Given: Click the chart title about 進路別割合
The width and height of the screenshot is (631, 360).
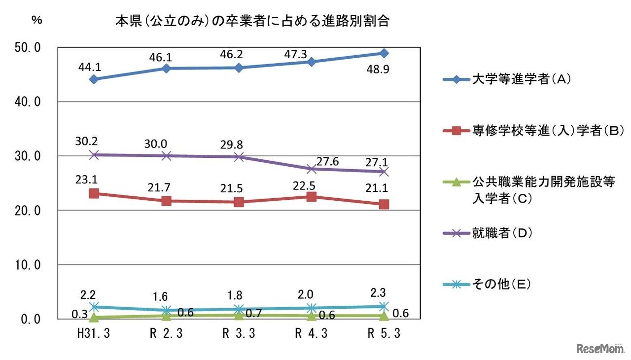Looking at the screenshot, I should click(251, 22).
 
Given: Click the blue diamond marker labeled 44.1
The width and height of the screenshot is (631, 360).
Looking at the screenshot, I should click(94, 79).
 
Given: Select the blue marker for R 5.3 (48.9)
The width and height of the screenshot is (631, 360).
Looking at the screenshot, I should click(384, 53).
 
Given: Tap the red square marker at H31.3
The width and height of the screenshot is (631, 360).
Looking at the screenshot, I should click(94, 193).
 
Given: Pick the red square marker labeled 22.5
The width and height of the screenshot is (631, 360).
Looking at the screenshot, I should click(311, 197).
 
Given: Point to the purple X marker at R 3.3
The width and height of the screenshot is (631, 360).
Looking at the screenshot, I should click(239, 157).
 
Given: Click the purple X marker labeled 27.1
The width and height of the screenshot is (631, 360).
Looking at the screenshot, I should click(384, 172).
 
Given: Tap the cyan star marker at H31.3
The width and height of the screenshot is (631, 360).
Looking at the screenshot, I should click(94, 307).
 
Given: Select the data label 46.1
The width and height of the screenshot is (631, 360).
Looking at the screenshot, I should click(166, 57).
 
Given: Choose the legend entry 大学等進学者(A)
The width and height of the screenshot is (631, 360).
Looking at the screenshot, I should click(518, 79).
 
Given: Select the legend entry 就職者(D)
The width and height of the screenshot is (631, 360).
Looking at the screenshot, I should click(500, 233).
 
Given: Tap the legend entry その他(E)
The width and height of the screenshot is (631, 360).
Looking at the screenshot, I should click(500, 284).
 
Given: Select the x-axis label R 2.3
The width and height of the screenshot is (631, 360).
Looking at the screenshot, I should click(166, 334).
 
